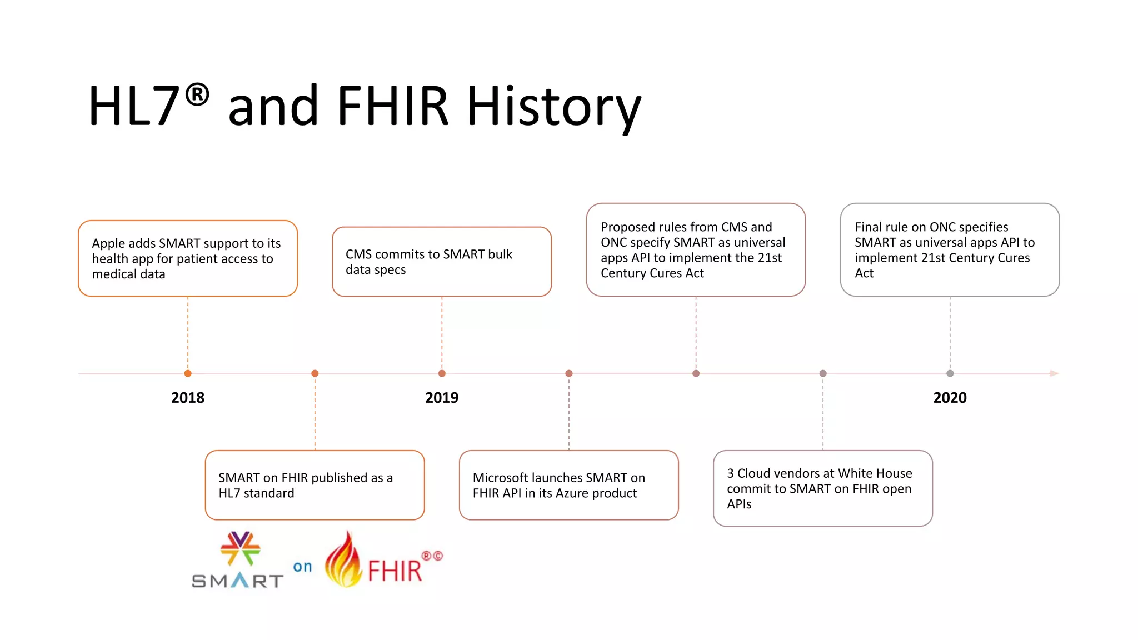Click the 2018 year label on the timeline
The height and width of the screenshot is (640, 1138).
[188, 398]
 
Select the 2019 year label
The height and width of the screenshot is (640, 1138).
[442, 398]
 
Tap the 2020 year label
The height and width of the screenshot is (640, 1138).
[950, 398]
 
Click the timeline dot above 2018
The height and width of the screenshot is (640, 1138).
[188, 373]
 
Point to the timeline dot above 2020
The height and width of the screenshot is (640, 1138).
[950, 373]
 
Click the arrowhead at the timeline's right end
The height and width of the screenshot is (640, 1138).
[1054, 373]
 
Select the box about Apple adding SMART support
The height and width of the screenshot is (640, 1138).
[188, 258]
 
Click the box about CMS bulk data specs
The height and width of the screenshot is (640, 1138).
[442, 262]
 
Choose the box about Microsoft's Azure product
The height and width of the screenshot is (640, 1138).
[568, 485]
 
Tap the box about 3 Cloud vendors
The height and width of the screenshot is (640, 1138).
[822, 488]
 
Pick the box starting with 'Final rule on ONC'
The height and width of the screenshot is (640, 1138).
[950, 250]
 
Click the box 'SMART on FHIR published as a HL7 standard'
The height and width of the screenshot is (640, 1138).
[315, 485]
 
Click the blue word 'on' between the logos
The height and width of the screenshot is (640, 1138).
[302, 567]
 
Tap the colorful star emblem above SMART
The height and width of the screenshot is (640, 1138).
[240, 548]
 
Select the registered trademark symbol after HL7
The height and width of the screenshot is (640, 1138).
[197, 94]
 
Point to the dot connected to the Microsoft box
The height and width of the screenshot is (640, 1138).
[568, 373]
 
